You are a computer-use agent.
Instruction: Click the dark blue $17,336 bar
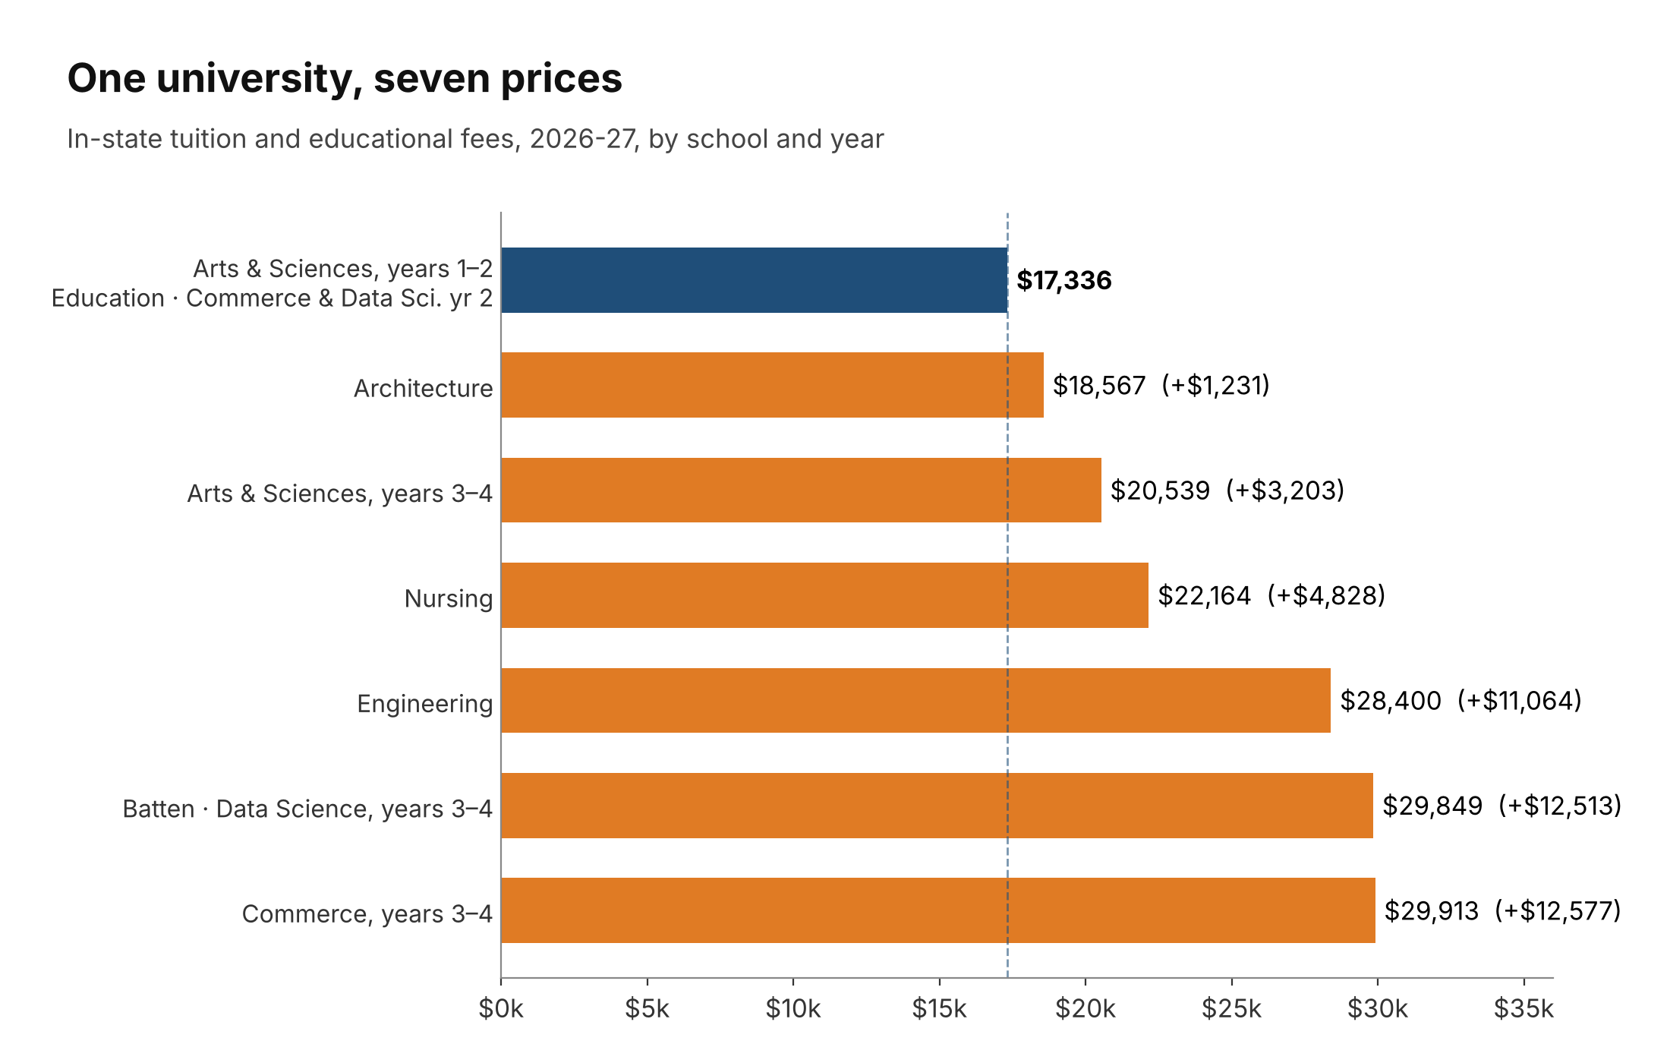pyautogui.click(x=755, y=280)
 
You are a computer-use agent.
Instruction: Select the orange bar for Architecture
pyautogui.click(x=773, y=385)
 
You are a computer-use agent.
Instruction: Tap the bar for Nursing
pyautogui.click(x=825, y=595)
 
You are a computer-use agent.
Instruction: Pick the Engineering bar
pyautogui.click(x=916, y=700)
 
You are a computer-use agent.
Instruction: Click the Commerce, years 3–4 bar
pyautogui.click(x=938, y=910)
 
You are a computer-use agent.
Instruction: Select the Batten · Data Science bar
pyautogui.click(x=937, y=806)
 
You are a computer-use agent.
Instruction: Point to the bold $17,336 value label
pyautogui.click(x=1064, y=280)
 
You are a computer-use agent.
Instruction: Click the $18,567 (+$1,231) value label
pyautogui.click(x=1161, y=386)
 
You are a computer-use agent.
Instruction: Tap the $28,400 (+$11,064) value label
pyautogui.click(x=1461, y=701)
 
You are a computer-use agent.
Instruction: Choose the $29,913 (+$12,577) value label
pyautogui.click(x=1503, y=911)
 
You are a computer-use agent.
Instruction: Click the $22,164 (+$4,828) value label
pyautogui.click(x=1271, y=596)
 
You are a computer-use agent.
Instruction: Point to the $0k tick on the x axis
pyautogui.click(x=501, y=1009)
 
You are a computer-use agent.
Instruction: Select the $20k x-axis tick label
pyautogui.click(x=1085, y=1009)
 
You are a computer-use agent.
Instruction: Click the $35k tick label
pyautogui.click(x=1523, y=1009)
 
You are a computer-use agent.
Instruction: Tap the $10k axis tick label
pyautogui.click(x=793, y=1009)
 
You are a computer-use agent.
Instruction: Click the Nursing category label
pyautogui.click(x=449, y=599)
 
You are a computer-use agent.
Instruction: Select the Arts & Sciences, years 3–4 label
pyautogui.click(x=340, y=494)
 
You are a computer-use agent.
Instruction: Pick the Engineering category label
pyautogui.click(x=425, y=704)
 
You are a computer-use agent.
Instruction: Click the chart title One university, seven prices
pyautogui.click(x=345, y=79)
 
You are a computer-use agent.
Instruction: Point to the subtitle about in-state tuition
pyautogui.click(x=476, y=139)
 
